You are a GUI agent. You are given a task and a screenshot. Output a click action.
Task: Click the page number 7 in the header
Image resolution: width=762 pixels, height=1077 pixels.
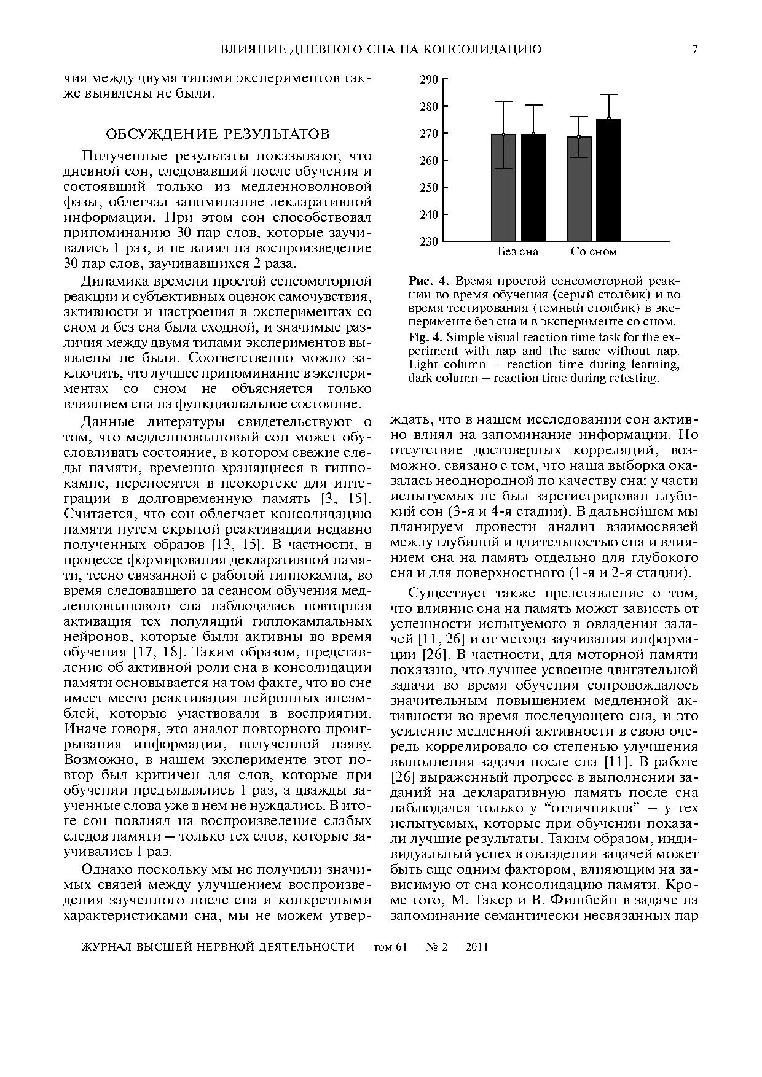click(x=695, y=50)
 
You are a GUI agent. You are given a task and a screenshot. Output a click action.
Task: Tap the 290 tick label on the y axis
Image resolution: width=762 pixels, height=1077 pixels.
click(x=429, y=79)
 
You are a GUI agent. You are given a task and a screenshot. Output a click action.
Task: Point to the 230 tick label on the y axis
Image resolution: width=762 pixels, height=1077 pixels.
click(x=429, y=241)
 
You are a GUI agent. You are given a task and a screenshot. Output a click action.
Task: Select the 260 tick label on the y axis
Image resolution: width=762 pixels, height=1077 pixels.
click(x=429, y=160)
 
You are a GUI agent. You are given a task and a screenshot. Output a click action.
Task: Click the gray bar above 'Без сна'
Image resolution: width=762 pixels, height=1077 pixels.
click(x=503, y=187)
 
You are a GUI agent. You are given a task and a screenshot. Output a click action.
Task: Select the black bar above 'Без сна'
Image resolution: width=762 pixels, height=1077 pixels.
click(x=533, y=187)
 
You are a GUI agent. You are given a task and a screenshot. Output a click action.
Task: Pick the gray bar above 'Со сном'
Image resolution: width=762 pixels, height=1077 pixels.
click(x=579, y=189)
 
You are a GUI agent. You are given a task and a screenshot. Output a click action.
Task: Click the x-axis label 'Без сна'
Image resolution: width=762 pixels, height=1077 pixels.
click(x=517, y=252)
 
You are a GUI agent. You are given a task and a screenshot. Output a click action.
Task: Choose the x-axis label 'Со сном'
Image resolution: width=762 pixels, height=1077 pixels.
click(x=593, y=252)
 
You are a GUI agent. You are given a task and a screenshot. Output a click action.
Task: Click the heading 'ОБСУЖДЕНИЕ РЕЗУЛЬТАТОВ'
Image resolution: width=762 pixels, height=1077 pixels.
click(x=218, y=134)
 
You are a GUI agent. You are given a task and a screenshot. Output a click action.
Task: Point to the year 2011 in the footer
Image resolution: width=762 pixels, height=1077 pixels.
click(x=477, y=947)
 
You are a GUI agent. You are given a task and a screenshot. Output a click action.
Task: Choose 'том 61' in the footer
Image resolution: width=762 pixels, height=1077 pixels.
click(x=390, y=947)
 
